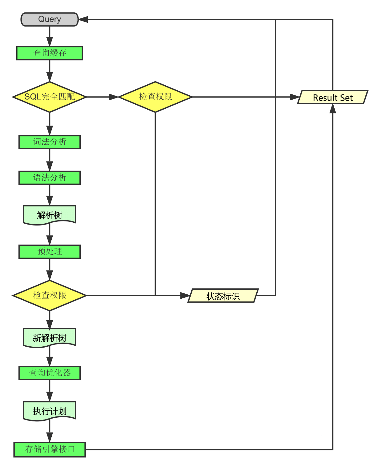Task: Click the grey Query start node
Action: point(50,19)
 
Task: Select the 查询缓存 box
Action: point(50,53)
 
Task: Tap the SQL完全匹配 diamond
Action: point(50,97)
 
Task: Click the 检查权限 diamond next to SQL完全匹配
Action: point(155,97)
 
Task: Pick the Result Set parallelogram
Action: point(333,97)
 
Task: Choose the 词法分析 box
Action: point(50,142)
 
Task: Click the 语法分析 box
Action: point(50,178)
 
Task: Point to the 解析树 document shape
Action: point(50,215)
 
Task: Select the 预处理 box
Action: point(50,252)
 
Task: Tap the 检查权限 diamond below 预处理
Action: point(50,296)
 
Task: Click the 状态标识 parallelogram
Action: point(223,296)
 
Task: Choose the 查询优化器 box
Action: point(50,373)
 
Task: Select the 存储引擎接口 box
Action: point(50,449)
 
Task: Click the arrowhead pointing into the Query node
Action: point(83,19)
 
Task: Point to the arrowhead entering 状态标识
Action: point(185,296)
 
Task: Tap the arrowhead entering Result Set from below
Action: point(333,109)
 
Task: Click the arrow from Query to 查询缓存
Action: point(50,36)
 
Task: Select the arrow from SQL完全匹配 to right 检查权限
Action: point(102,97)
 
